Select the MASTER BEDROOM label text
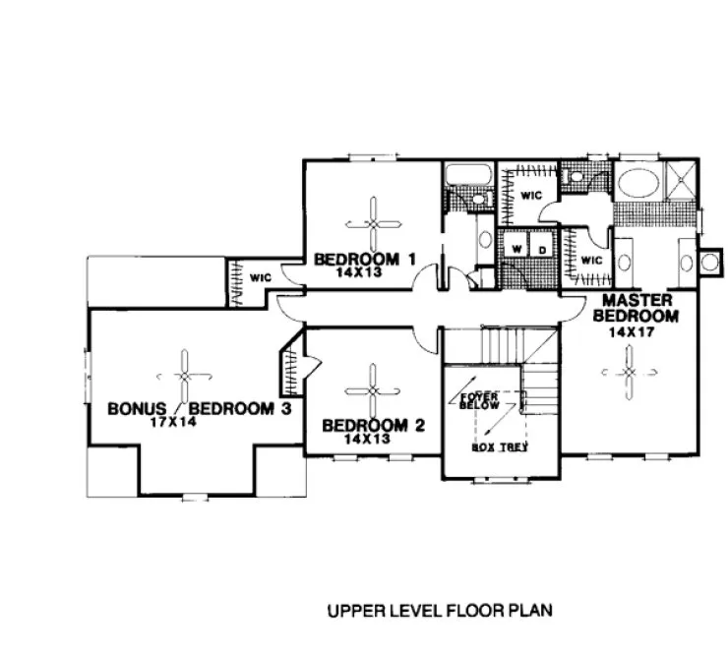coord(637,308)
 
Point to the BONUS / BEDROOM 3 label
coord(200,408)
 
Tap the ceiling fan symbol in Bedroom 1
coord(373,222)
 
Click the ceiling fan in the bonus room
coord(184,375)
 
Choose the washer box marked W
coord(516,250)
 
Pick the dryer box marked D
coord(540,250)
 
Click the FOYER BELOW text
coord(480,400)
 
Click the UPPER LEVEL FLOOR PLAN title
coord(440,610)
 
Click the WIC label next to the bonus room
coord(260,278)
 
